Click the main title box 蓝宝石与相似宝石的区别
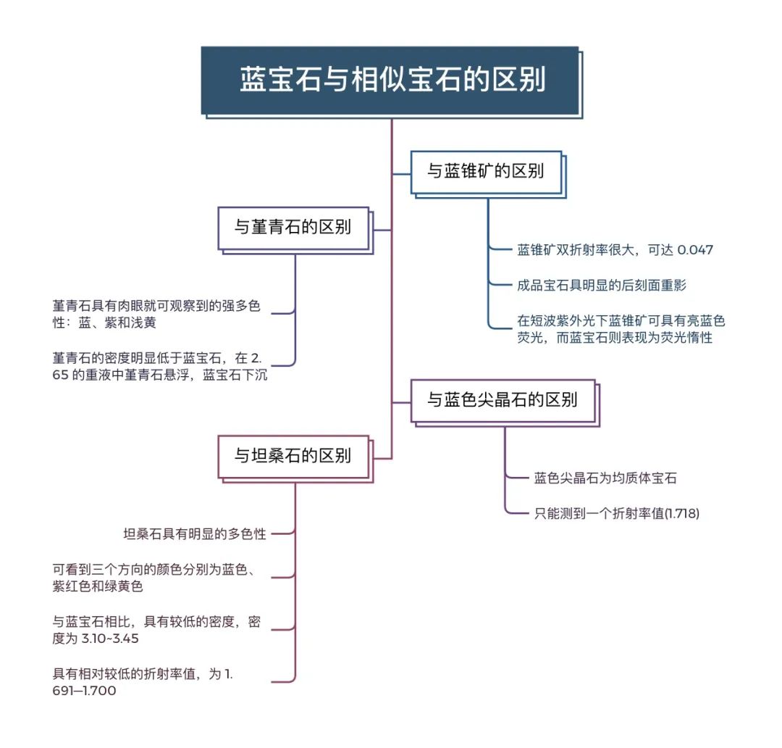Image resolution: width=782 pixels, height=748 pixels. click(x=391, y=81)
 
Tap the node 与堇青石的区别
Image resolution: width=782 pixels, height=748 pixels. click(x=295, y=229)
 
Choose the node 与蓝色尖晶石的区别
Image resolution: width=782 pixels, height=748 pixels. click(x=504, y=402)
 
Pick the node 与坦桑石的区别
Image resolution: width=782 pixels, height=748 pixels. click(x=295, y=457)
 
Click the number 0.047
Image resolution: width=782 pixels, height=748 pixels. click(x=695, y=249)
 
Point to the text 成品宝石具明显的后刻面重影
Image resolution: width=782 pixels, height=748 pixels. click(x=602, y=285)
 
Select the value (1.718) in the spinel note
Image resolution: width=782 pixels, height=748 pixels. click(x=682, y=513)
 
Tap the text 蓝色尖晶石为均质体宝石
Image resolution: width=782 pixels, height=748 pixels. click(x=605, y=478)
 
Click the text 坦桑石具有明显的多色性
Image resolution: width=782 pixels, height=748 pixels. click(x=195, y=533)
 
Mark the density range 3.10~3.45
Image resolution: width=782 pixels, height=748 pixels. click(x=110, y=639)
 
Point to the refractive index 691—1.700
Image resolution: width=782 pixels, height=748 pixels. click(x=84, y=691)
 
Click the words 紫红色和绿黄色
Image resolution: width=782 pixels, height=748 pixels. click(x=98, y=586)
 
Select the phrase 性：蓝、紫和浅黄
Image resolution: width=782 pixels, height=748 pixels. click(x=104, y=323)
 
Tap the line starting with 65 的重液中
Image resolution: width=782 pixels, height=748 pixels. click(x=159, y=375)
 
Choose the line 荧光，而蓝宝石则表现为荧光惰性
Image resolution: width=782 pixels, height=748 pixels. click(x=615, y=338)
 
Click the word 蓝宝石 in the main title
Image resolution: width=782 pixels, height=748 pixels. click(x=281, y=80)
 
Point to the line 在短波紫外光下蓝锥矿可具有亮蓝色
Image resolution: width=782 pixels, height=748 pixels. click(x=621, y=320)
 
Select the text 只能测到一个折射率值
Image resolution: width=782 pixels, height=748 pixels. click(x=599, y=513)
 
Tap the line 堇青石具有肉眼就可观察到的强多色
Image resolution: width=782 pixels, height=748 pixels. click(x=156, y=306)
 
